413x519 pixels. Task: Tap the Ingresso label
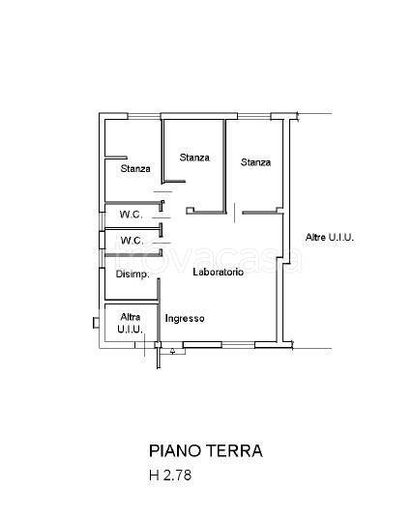point(184,319)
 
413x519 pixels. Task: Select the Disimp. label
point(132,274)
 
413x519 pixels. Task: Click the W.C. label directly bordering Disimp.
point(131,241)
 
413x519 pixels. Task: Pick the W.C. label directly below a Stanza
point(131,215)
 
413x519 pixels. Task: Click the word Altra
point(130,317)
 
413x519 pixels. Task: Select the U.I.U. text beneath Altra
point(130,330)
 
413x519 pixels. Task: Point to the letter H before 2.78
point(154,476)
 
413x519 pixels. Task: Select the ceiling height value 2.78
point(177,476)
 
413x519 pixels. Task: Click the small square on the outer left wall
point(94,322)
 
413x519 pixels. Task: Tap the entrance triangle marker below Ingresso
point(172,351)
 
